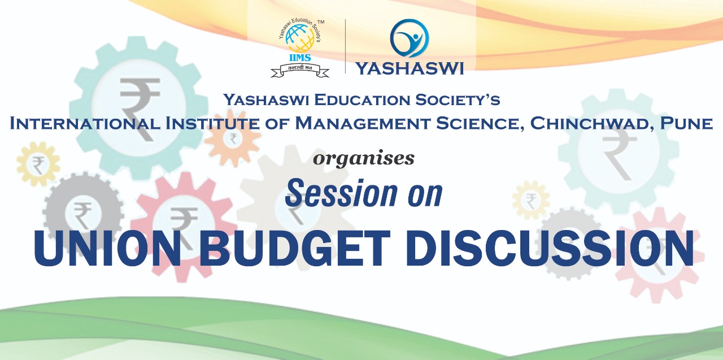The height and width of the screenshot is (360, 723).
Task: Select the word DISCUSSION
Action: click(x=550, y=248)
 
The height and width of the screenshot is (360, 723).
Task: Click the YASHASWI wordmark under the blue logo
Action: click(x=410, y=68)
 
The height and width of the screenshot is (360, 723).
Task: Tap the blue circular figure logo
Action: click(x=410, y=38)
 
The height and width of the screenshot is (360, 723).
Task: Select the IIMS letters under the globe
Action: click(x=300, y=58)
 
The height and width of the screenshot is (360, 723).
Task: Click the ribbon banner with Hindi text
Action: click(x=299, y=70)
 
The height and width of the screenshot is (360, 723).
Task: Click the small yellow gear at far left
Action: click(x=38, y=164)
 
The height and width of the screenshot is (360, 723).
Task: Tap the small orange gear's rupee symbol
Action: click(x=233, y=138)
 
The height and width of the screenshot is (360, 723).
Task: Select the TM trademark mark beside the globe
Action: click(x=321, y=22)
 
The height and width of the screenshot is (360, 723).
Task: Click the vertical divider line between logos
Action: click(x=346, y=46)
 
